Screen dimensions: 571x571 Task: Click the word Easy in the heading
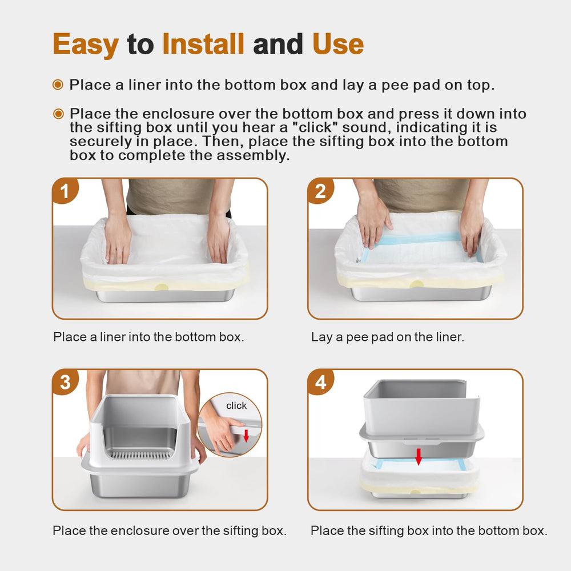(86, 45)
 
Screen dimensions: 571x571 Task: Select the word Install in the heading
(203, 45)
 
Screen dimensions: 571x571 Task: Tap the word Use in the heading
(337, 45)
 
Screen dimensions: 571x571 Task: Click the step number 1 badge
(65, 192)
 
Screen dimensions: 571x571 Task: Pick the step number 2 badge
(320, 192)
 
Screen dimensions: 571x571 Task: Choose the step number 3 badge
(65, 383)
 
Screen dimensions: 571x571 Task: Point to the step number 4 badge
(320, 383)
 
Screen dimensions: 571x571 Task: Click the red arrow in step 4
(419, 456)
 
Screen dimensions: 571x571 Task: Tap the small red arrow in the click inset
(246, 436)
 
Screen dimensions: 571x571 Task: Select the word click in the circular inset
(236, 406)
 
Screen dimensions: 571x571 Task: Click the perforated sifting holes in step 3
(139, 455)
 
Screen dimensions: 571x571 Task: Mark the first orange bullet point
(58, 85)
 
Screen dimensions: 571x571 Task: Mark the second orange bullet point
(58, 114)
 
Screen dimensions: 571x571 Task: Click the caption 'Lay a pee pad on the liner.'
(388, 337)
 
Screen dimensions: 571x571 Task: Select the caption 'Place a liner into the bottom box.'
(148, 337)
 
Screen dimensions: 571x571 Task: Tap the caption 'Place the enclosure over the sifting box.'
(169, 530)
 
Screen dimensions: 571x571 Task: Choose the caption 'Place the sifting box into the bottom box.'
(429, 530)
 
